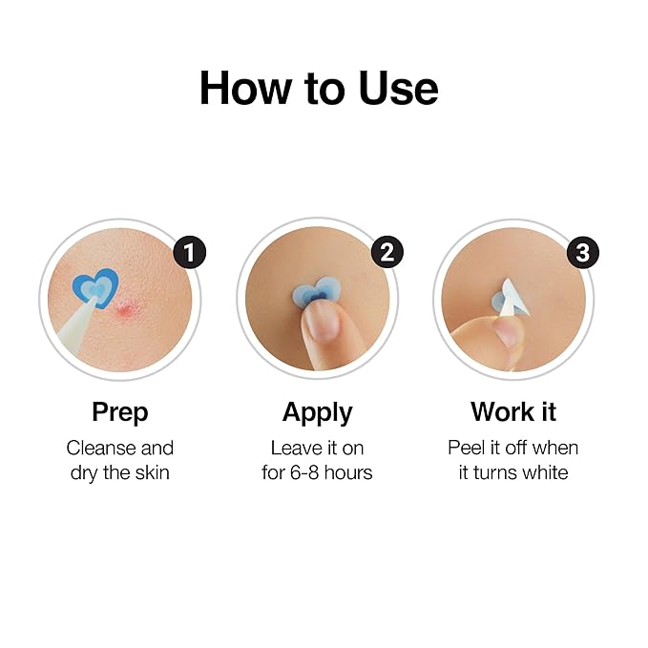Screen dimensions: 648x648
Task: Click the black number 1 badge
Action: (x=190, y=253)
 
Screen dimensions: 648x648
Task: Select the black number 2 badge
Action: (x=387, y=253)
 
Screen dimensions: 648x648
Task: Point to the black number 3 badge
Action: (x=584, y=253)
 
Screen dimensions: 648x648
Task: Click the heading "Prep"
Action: (x=120, y=412)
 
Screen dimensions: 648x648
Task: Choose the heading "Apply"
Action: (x=317, y=412)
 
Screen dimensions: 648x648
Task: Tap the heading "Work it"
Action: (x=513, y=412)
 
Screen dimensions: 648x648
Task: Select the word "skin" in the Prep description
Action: (x=150, y=472)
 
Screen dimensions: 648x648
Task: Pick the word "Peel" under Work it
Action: (x=466, y=448)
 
